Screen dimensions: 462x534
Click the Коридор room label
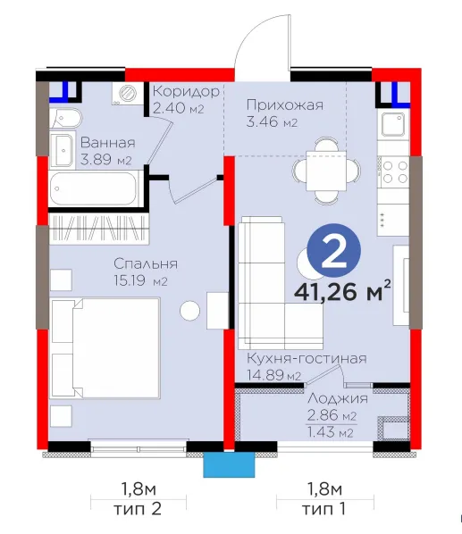pos(186,91)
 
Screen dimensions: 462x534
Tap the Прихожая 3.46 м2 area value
pos(272,122)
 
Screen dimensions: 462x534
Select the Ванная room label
pos(107,143)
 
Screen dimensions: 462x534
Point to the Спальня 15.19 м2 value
pos(140,280)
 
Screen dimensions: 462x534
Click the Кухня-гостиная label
pos(307,358)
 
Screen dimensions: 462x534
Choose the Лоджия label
pos(338,398)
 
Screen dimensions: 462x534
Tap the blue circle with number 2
pos(334,251)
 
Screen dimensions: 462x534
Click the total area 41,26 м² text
pos(342,291)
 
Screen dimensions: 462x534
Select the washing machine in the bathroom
pos(128,93)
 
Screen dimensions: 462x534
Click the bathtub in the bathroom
pos(94,188)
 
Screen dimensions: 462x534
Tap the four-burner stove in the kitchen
pos(393,171)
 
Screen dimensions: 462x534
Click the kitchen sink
pos(393,124)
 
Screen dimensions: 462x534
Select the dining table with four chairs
pos(326,171)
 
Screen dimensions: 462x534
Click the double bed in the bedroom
pos(105,348)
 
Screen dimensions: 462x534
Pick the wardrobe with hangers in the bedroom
pos(99,229)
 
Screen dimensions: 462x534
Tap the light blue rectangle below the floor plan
pos(229,465)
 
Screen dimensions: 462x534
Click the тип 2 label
pos(137,509)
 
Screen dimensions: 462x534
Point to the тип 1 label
pos(323,509)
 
